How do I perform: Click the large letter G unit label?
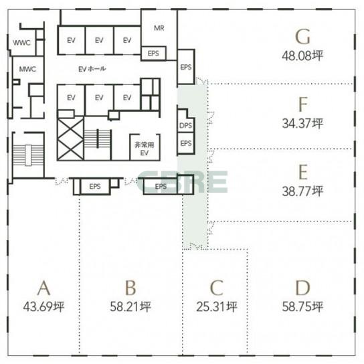[x=302, y=36]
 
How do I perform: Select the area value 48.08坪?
[x=302, y=56]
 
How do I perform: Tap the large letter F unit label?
[x=303, y=104]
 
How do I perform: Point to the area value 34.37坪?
[x=302, y=123]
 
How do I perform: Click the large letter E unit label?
[x=303, y=172]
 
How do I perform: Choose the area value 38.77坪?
[x=302, y=191]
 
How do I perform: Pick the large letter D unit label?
[x=302, y=288]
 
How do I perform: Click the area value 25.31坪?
[x=217, y=306]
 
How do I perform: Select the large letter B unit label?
[x=130, y=288]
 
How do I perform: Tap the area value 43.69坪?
[x=43, y=306]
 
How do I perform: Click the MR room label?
[x=159, y=28]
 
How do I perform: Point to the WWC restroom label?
[x=21, y=43]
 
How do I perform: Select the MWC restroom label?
[x=27, y=69]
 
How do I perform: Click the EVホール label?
[x=92, y=69]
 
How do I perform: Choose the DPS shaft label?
[x=186, y=126]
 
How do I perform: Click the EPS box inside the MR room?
[x=153, y=54]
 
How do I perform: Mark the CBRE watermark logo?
[x=182, y=182]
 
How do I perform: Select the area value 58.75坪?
[x=302, y=306]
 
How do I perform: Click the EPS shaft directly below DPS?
[x=186, y=143]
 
